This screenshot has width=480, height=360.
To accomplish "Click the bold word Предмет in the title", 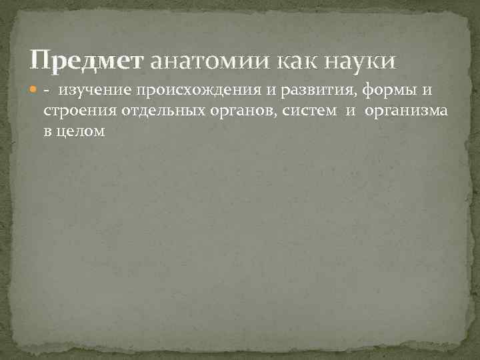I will tap(86, 62).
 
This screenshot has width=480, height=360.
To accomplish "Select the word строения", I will tap(75, 111).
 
